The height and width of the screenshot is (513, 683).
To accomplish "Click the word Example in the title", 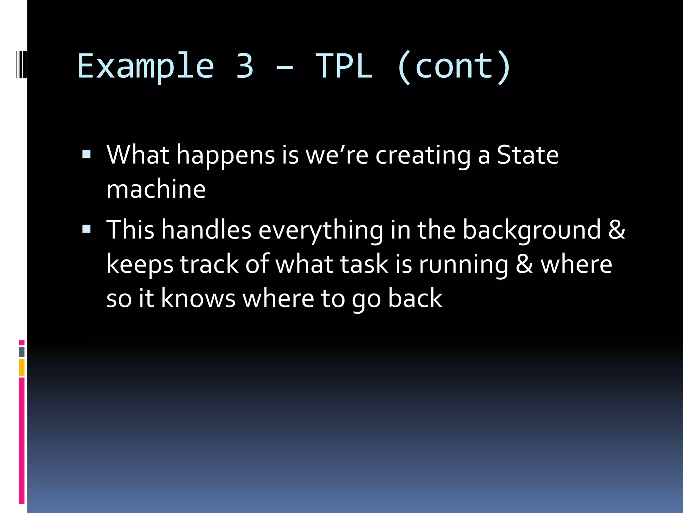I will [146, 67].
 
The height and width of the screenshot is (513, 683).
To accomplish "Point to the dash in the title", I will [284, 67].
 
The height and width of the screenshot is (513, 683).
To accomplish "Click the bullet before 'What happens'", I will [86, 154].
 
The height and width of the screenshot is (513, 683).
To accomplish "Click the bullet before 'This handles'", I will [86, 229].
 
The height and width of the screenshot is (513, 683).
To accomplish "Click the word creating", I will [423, 156].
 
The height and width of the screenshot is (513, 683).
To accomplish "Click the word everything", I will [321, 230].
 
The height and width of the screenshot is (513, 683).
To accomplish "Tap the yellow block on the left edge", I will [22, 367].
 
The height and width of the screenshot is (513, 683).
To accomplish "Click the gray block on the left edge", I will [22, 352].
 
